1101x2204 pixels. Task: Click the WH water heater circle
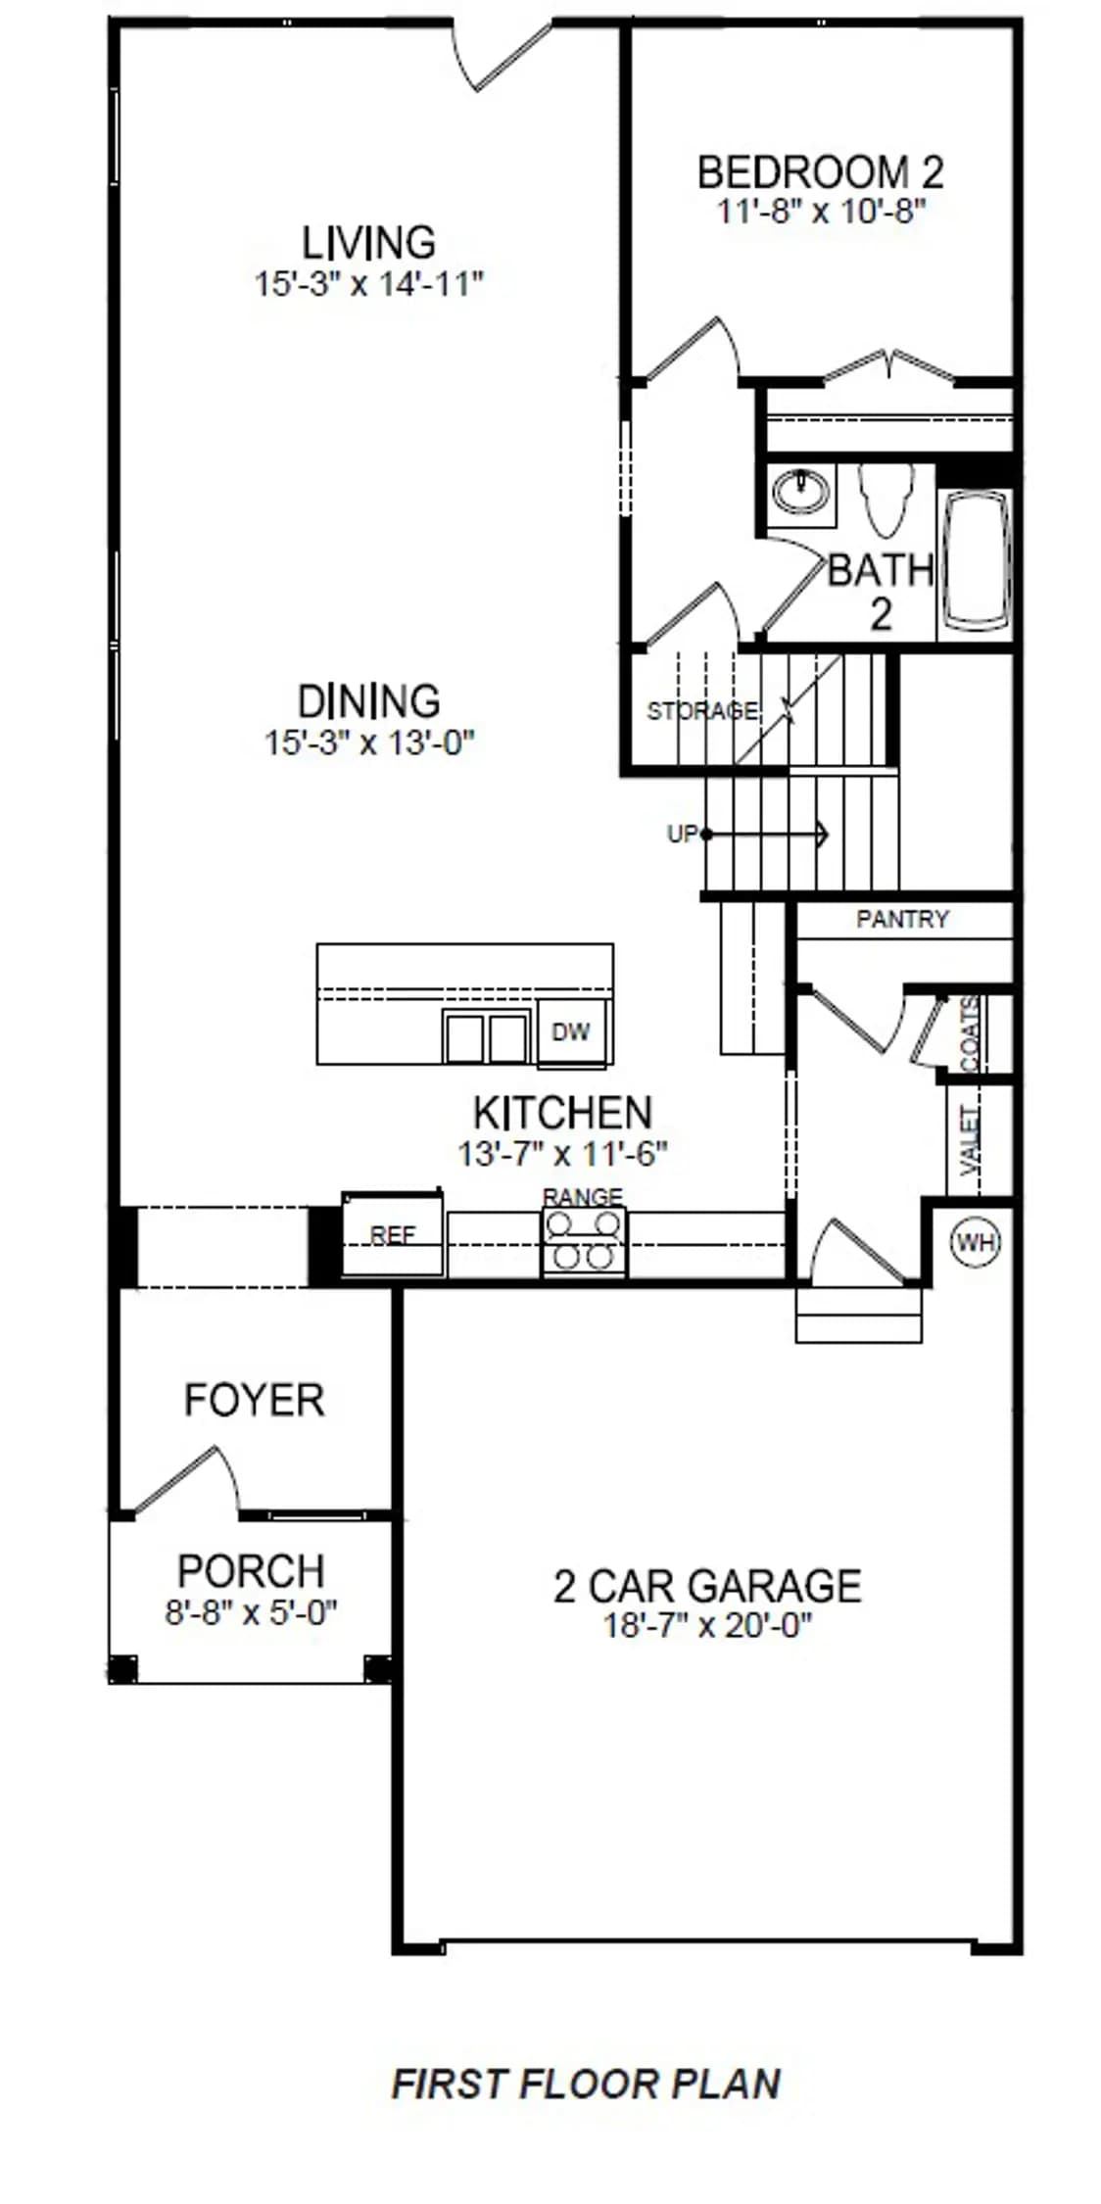point(976,1243)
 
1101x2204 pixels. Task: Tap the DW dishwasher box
point(572,1031)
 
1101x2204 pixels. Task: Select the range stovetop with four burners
point(585,1240)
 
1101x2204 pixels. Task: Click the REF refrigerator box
point(392,1233)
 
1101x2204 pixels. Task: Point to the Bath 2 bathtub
point(975,558)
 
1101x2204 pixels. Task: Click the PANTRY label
point(902,919)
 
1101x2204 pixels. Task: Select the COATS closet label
point(971,1034)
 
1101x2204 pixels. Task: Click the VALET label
point(971,1140)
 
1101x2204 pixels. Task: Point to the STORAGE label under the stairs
point(702,710)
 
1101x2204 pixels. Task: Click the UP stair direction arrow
point(765,835)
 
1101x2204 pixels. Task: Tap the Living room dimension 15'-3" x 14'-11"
point(369,284)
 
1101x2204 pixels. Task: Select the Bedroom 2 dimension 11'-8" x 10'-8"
point(821,211)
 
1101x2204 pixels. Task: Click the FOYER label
point(255,1400)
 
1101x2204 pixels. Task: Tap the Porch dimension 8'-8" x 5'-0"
point(251,1611)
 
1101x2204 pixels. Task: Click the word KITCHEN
point(562,1113)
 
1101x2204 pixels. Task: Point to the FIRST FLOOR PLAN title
point(586,2084)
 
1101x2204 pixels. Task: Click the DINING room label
point(369,701)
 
